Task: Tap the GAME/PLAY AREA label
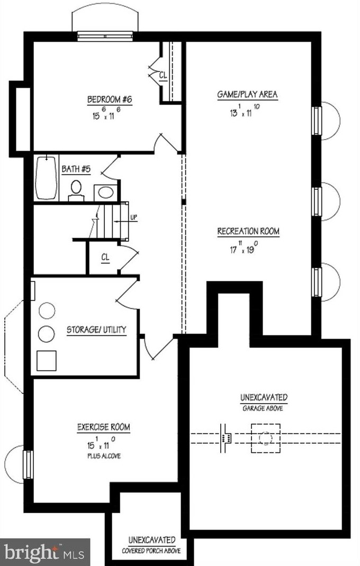247,95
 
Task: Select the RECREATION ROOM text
248,231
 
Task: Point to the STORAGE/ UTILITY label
96,330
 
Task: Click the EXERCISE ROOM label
104,427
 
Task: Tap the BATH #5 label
76,169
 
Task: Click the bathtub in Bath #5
46,177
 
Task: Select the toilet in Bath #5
76,189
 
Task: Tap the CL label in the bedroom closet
163,76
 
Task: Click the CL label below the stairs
106,257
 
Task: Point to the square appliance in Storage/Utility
46,360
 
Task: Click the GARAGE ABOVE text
263,408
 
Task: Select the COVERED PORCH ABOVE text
151,551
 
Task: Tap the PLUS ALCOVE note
104,455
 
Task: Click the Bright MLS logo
44,552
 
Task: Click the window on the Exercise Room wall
28,464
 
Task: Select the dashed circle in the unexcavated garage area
266,439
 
